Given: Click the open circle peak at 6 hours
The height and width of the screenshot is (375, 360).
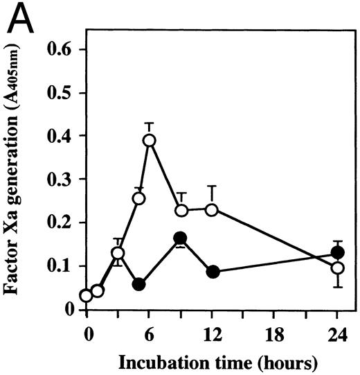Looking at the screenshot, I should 149,140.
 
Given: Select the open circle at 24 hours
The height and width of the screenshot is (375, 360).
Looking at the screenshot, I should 338,268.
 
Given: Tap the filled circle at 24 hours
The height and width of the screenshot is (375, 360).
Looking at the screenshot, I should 338,252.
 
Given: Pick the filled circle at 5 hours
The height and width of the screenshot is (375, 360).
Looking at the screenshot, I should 138,284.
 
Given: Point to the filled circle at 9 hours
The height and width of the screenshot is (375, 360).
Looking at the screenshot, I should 181,239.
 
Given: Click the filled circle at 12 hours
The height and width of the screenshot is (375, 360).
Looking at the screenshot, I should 213,272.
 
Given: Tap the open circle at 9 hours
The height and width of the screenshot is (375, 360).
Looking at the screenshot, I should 181,211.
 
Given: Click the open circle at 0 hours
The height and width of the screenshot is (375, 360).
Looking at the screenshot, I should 86,296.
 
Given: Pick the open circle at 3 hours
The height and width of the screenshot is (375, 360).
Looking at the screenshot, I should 118,254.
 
